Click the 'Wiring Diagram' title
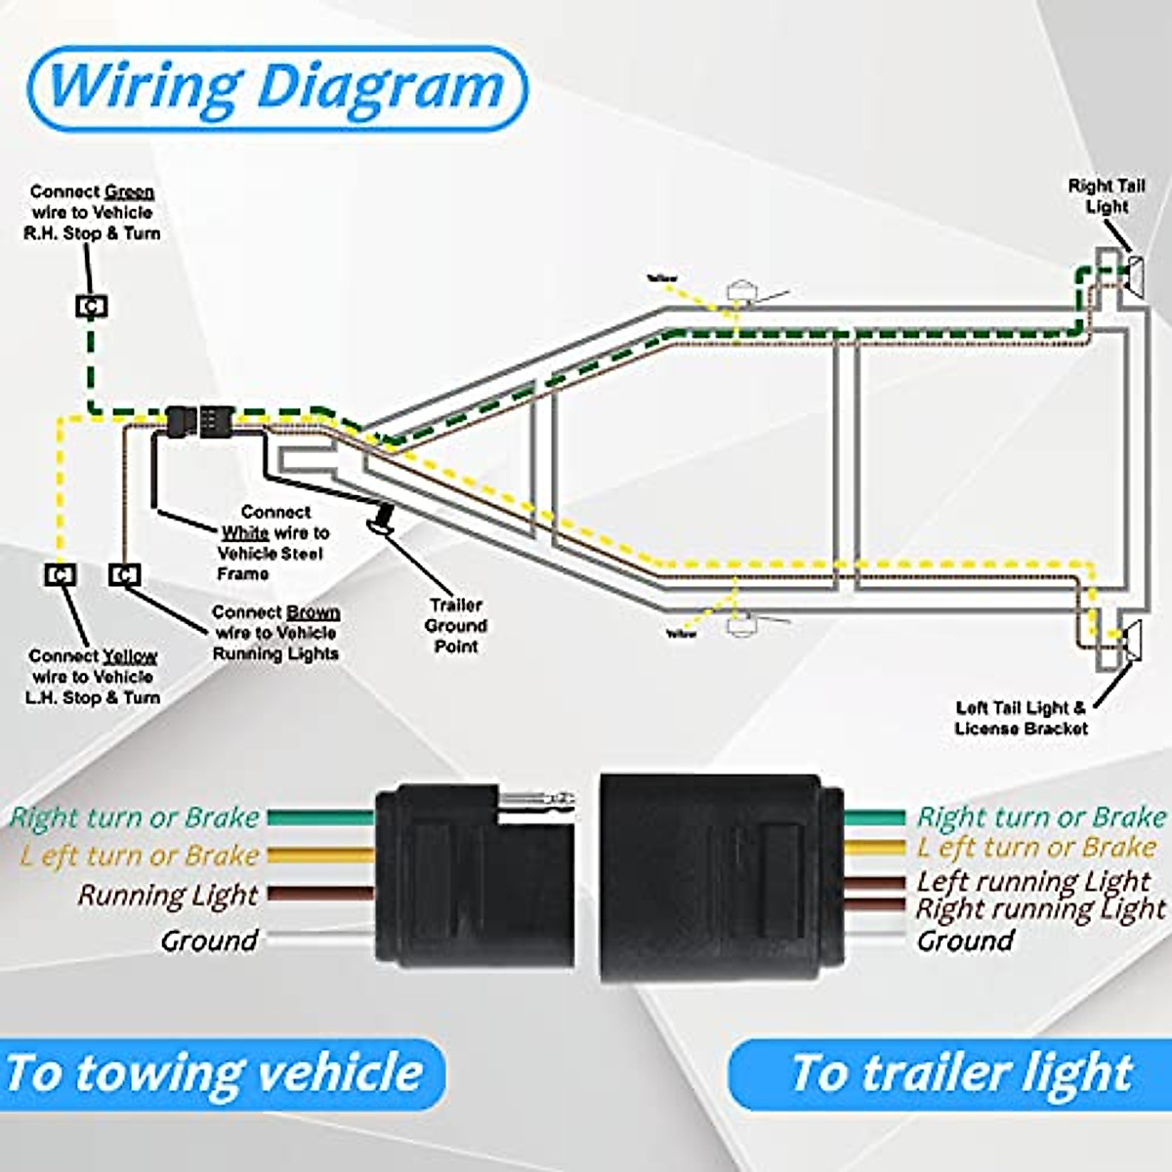[276, 88]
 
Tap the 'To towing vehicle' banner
[215, 1072]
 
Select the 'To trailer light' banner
[961, 1072]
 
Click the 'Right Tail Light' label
[1106, 196]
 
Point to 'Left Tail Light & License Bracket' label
[1021, 718]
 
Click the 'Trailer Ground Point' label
[455, 625]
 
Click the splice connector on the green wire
[91, 307]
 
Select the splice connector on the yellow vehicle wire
[61, 575]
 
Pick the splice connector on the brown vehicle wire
[124, 575]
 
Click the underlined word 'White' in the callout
[244, 532]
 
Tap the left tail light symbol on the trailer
[1133, 642]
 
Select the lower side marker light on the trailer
[742, 624]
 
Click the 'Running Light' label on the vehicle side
[168, 896]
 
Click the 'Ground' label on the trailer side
[965, 941]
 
